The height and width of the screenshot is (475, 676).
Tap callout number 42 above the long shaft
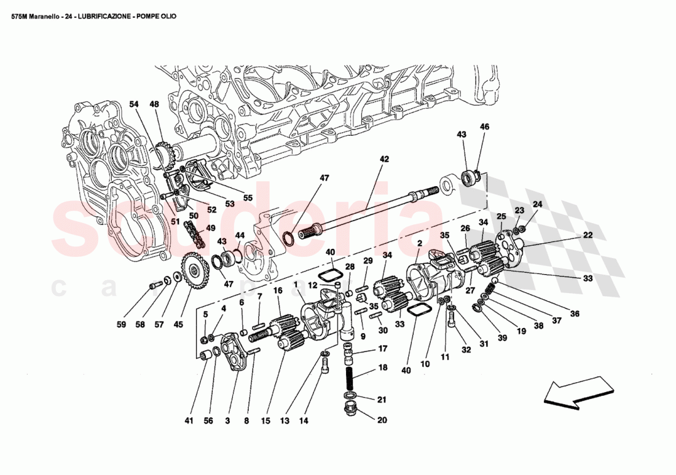(384, 159)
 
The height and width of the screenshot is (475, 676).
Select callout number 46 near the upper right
(484, 127)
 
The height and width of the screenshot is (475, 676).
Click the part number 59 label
(121, 324)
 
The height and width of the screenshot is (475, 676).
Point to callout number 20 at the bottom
(382, 420)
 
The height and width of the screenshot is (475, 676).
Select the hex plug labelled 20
(348, 409)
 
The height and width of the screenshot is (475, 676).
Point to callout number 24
(538, 205)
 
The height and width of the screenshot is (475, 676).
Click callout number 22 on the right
(588, 235)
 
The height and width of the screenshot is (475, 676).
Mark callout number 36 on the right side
(575, 313)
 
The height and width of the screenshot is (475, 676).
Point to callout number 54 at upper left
(134, 104)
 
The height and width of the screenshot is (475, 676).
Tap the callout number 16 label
(278, 290)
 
